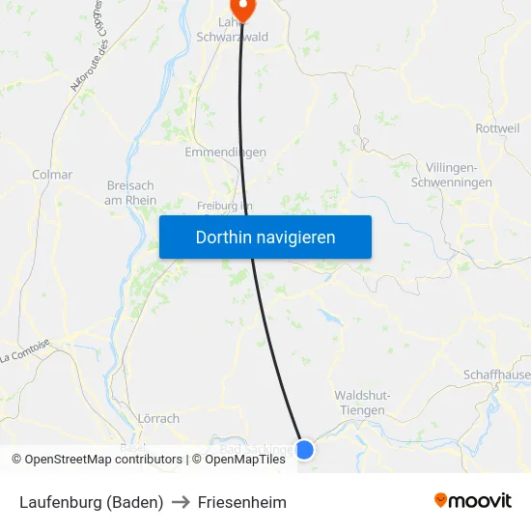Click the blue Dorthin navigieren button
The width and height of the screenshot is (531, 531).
pyautogui.click(x=265, y=237)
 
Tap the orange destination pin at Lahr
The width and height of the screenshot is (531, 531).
pyautogui.click(x=242, y=10)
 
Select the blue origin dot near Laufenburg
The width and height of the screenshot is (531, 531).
pyautogui.click(x=304, y=449)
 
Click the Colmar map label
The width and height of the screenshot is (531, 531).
pyautogui.click(x=52, y=175)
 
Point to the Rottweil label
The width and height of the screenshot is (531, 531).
pyautogui.click(x=498, y=128)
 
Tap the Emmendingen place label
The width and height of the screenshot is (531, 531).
pyautogui.click(x=225, y=153)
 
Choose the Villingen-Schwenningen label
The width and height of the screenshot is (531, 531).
pyautogui.click(x=452, y=175)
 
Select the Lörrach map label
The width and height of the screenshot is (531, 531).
pyautogui.click(x=159, y=419)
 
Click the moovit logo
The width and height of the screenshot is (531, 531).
pyautogui.click(x=473, y=501)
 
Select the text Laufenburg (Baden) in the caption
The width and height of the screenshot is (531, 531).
pyautogui.click(x=91, y=502)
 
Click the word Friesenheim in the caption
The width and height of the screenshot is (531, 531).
pyautogui.click(x=242, y=502)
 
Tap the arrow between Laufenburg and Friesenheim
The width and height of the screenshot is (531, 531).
pyautogui.click(x=181, y=502)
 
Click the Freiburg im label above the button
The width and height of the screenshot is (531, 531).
pyautogui.click(x=224, y=206)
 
